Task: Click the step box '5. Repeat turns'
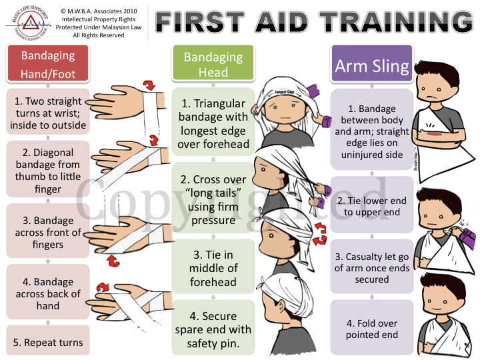(x=48, y=343)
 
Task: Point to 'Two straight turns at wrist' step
(x=48, y=113)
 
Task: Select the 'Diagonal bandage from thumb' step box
(x=48, y=171)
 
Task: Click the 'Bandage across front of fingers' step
(x=48, y=233)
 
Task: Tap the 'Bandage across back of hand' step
(x=48, y=293)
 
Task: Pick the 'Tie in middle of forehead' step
(x=213, y=268)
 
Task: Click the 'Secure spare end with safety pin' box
(x=213, y=329)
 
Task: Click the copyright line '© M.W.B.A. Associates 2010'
(x=98, y=11)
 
